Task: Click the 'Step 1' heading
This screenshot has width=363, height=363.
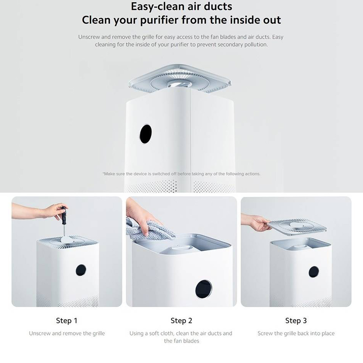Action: click(x=67, y=321)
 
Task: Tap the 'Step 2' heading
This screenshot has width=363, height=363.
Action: click(x=181, y=321)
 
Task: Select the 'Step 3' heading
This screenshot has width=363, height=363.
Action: click(x=296, y=321)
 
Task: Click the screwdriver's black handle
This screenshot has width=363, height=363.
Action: click(x=63, y=215)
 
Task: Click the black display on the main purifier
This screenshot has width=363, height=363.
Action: click(x=145, y=134)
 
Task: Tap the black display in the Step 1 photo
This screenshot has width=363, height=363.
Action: click(x=81, y=270)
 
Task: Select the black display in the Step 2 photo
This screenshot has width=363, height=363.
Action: click(x=204, y=289)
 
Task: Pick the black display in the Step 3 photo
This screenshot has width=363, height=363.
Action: click(x=314, y=272)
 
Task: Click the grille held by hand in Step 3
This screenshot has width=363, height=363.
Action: click(x=297, y=227)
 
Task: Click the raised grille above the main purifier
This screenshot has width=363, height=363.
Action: click(x=180, y=79)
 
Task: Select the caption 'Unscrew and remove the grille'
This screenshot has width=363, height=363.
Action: click(x=67, y=333)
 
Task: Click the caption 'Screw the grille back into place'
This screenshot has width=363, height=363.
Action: click(x=296, y=333)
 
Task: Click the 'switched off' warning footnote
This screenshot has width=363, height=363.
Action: click(x=181, y=174)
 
